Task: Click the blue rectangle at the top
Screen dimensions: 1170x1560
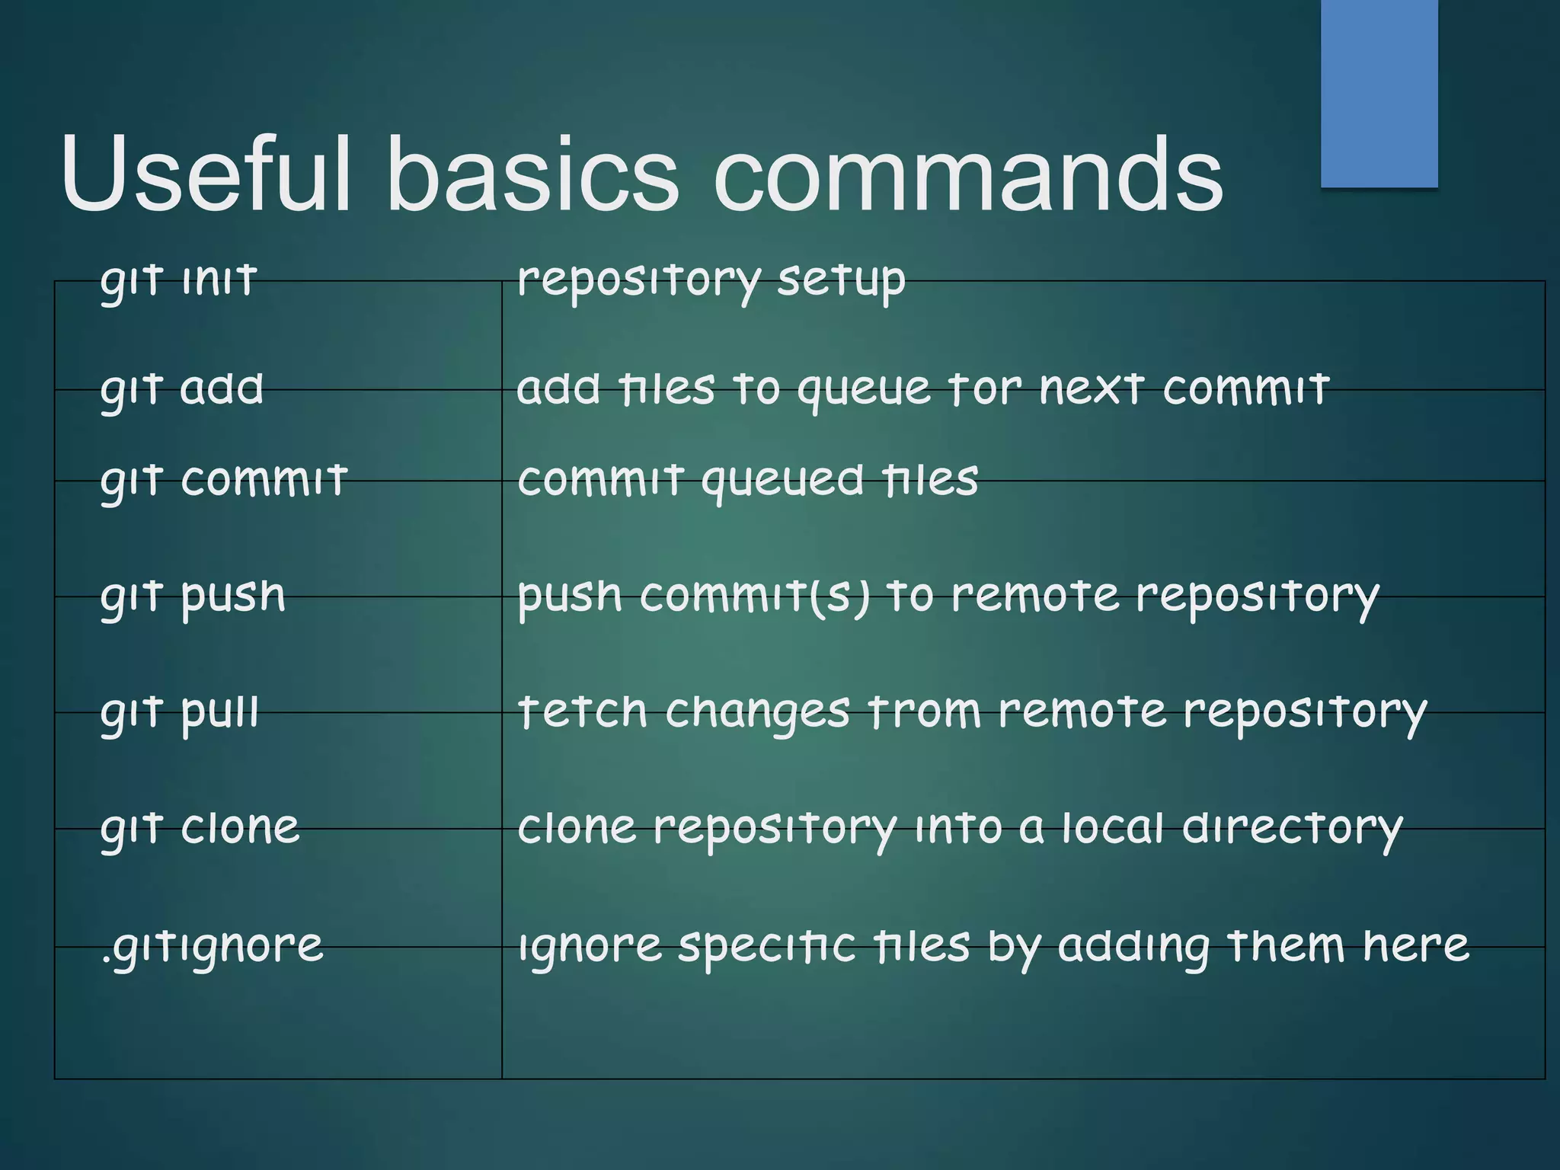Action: (x=1379, y=93)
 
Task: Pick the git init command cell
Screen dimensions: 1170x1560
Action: (x=178, y=280)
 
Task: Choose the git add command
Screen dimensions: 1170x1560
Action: (x=182, y=389)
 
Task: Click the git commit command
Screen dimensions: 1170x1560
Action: (x=224, y=481)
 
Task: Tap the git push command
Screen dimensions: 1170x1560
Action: (x=193, y=596)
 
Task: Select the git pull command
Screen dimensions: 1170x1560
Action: (x=180, y=712)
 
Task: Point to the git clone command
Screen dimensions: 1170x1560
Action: (x=200, y=828)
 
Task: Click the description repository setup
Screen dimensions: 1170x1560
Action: (x=711, y=280)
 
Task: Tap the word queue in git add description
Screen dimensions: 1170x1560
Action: (x=864, y=391)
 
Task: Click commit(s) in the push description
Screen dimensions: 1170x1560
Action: (x=754, y=596)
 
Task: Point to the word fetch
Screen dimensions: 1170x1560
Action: (x=583, y=712)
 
